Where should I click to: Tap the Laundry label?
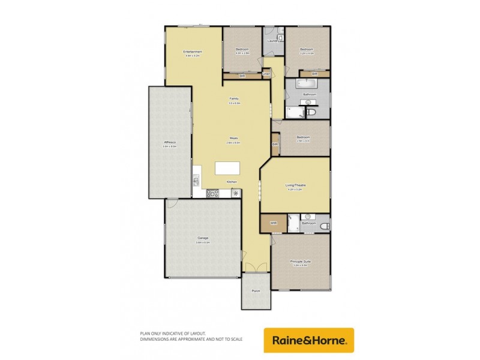coord(274,41)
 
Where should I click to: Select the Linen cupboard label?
coord(266,74)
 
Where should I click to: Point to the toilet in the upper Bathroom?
coord(311,112)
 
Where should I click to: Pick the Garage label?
coord(203,238)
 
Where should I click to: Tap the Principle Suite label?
coord(300,262)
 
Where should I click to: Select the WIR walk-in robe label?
coord(274,223)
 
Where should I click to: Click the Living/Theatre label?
coord(296,187)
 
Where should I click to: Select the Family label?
coord(234,99)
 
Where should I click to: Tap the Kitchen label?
coord(232,182)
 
